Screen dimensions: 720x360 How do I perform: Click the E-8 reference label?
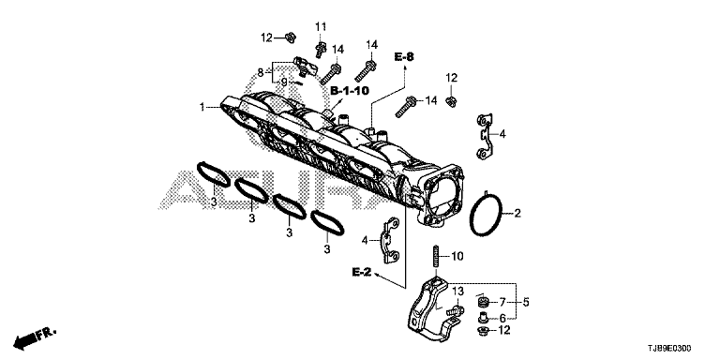[404, 57]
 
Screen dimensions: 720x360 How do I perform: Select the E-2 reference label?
[362, 272]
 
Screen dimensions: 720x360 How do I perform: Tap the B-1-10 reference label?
[350, 90]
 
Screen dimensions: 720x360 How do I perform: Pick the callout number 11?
[320, 26]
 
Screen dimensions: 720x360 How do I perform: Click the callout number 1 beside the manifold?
[202, 107]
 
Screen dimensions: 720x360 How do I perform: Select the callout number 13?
[457, 292]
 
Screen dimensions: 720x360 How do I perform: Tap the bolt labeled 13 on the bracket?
[455, 312]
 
